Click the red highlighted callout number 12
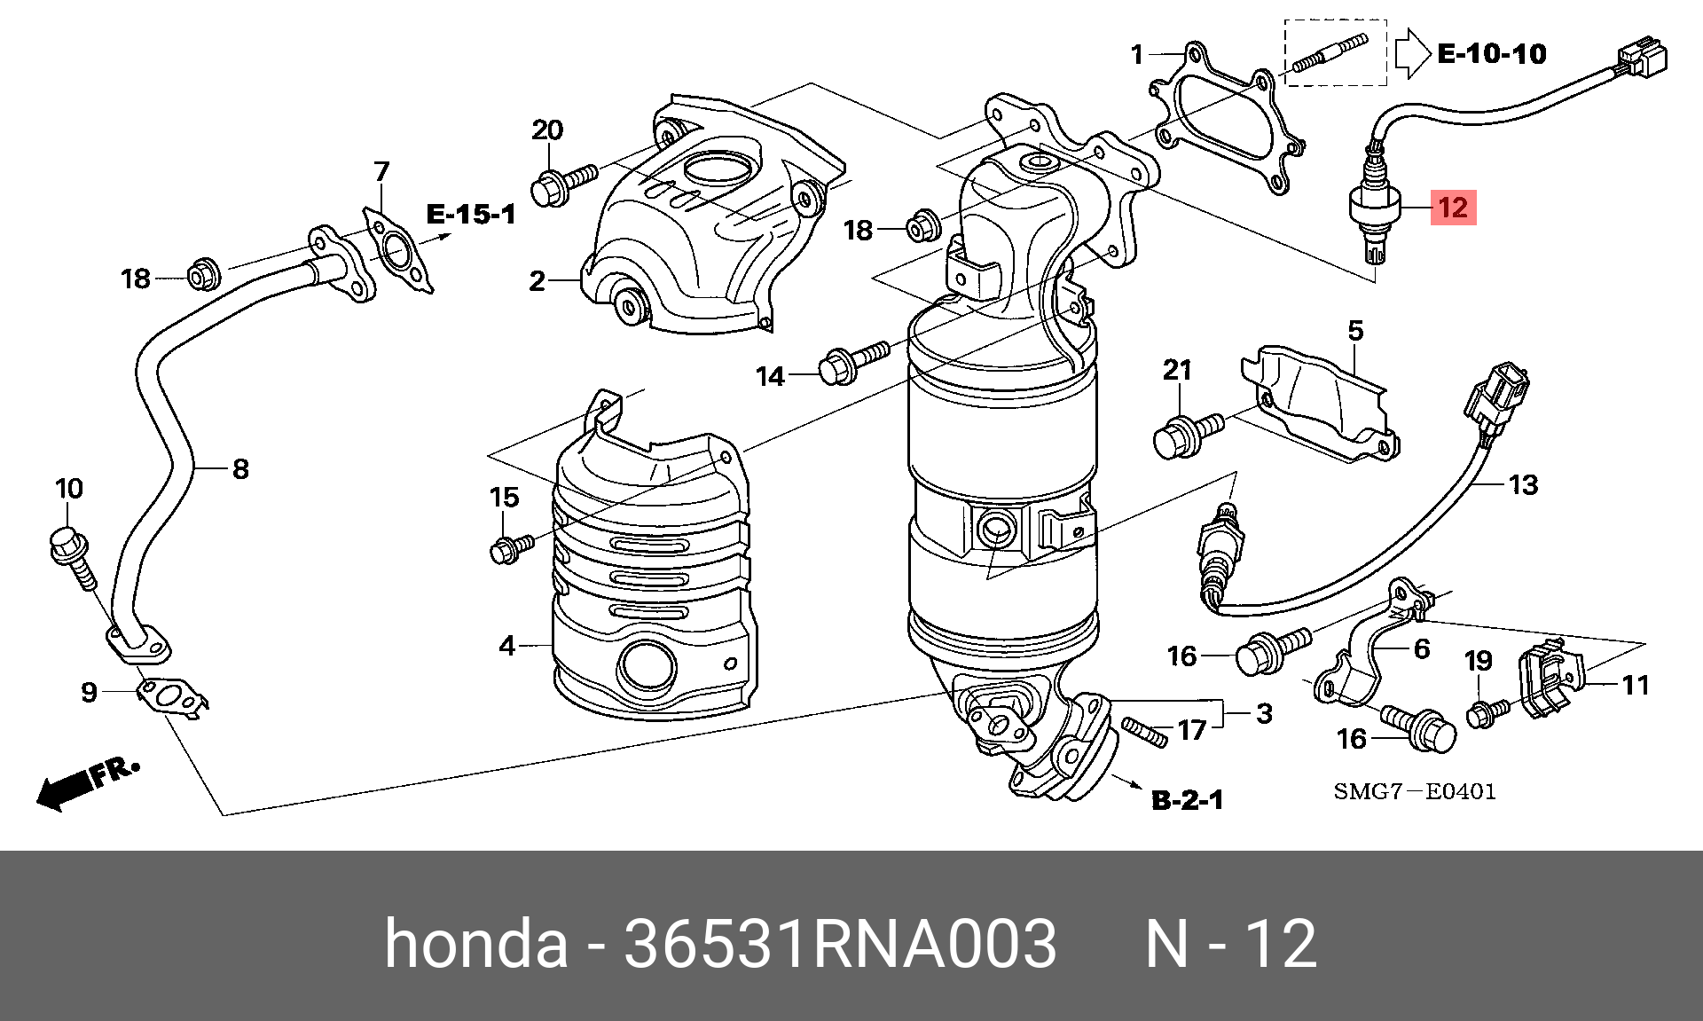[x=1452, y=208]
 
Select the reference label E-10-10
[x=1491, y=54]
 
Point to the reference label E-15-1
[x=470, y=214]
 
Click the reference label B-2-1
[x=1187, y=800]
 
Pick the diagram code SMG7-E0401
[x=1415, y=790]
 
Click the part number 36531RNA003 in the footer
[x=840, y=943]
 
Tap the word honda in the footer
[x=475, y=943]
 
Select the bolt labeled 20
[x=564, y=184]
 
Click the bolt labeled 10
[x=72, y=554]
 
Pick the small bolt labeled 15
[x=511, y=547]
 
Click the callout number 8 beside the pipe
[x=239, y=468]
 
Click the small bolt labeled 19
[x=1487, y=711]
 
